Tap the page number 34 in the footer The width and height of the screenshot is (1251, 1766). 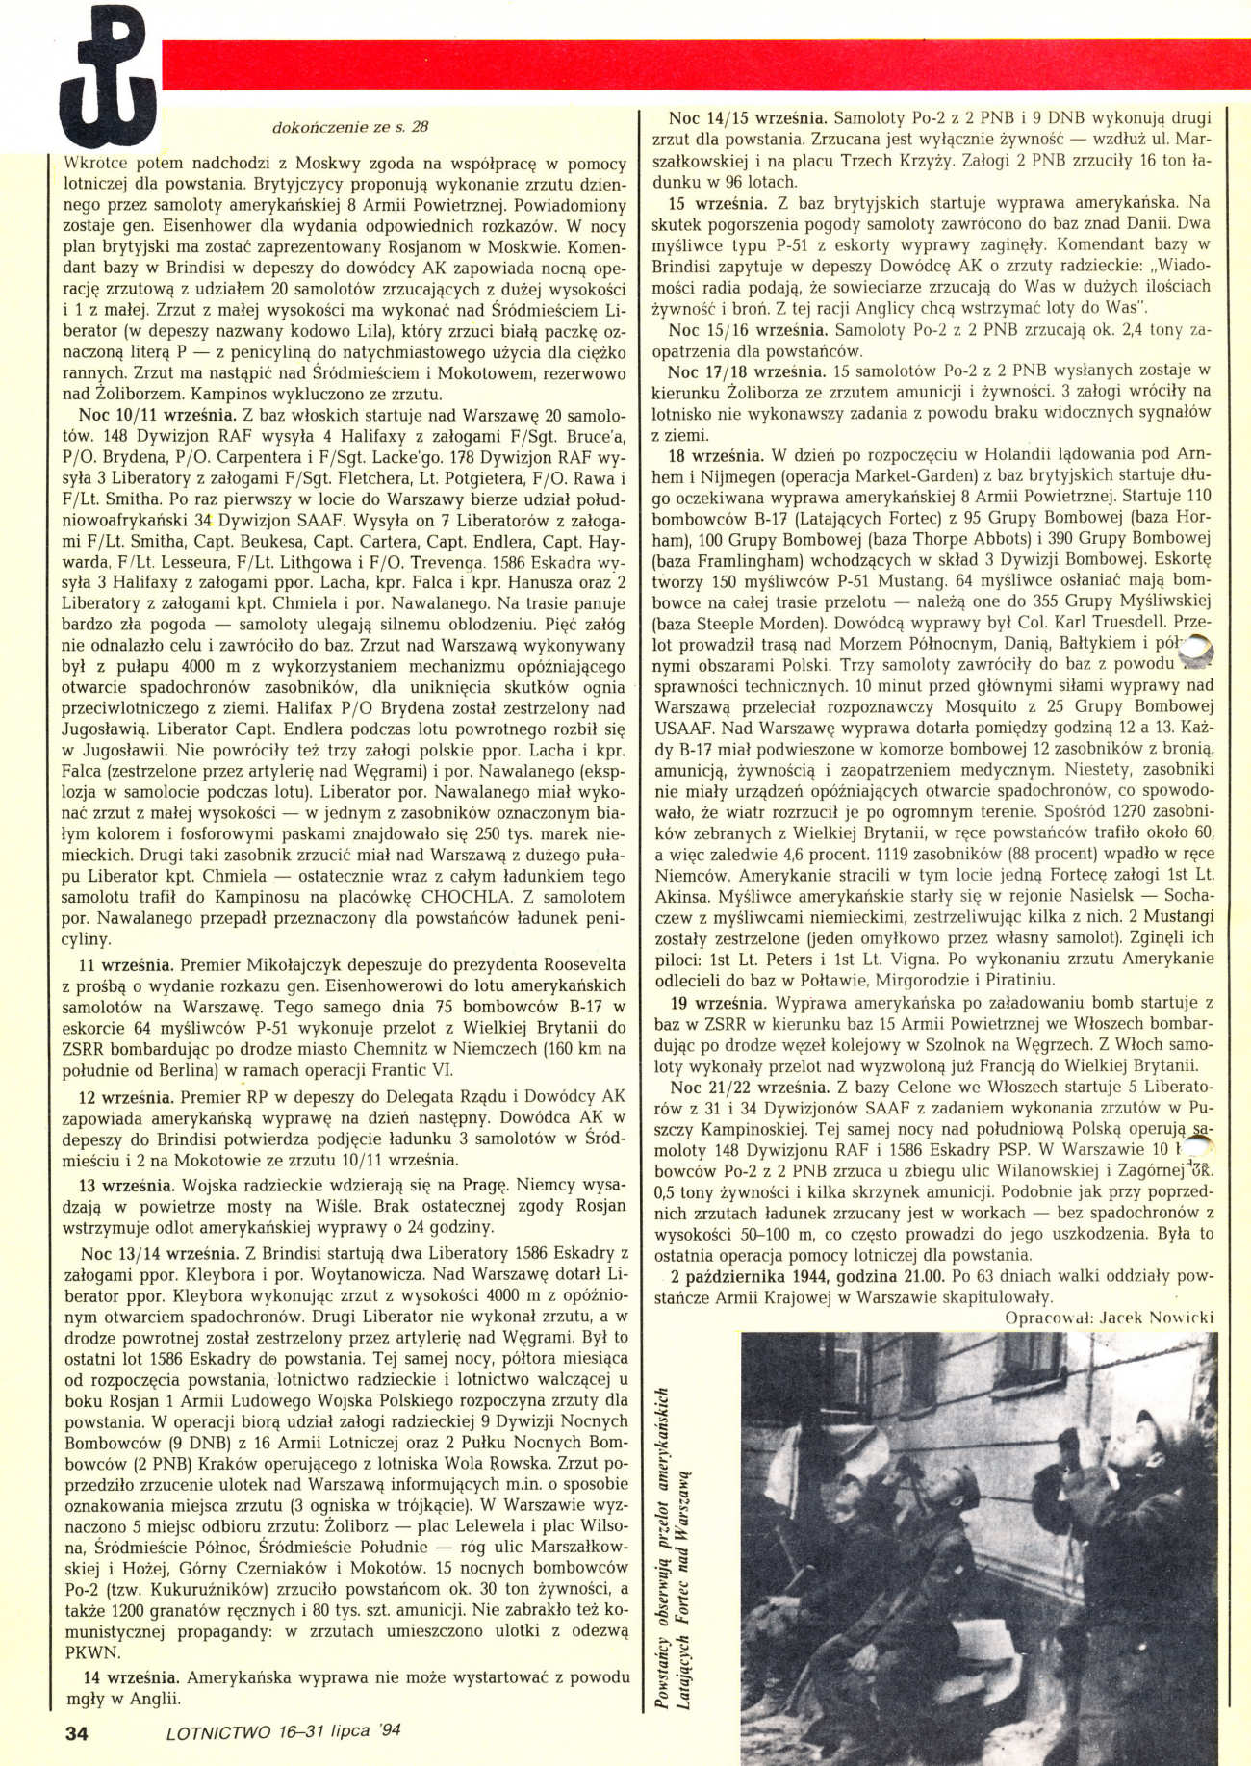click(76, 1732)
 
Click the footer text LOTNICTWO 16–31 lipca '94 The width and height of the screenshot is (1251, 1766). click(283, 1730)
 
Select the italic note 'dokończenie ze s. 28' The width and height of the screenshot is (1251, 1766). click(350, 126)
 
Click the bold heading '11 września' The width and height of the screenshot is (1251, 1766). click(125, 964)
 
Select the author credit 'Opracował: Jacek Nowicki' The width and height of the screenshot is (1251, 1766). click(1108, 1317)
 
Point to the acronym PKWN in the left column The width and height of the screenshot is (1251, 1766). click(92, 1652)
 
